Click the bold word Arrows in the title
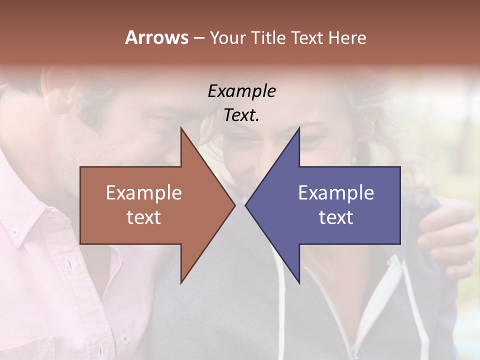[x=156, y=37]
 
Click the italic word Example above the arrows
[x=241, y=91]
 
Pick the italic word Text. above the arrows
[x=241, y=115]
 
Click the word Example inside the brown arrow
[x=143, y=193]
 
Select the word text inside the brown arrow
[x=143, y=217]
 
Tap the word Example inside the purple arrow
[x=336, y=193]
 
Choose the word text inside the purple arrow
[x=336, y=217]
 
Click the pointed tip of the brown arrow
[x=234, y=205]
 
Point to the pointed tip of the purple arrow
[x=246, y=205]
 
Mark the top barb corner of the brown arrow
[x=181, y=128]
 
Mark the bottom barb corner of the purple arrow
[x=299, y=282]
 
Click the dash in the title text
[x=198, y=38]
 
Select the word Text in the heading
[x=308, y=37]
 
